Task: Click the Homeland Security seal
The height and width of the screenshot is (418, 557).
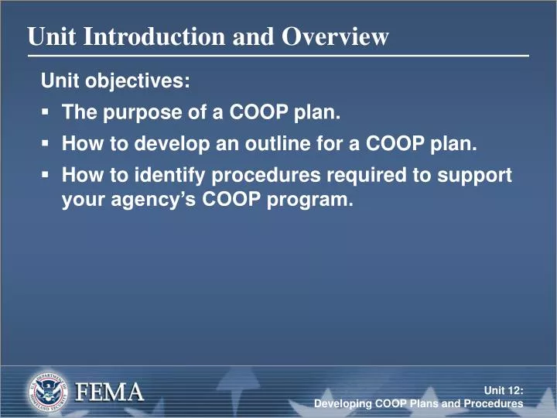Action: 48,392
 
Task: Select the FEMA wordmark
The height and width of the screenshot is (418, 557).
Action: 109,392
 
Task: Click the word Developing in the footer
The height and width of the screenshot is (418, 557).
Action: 343,405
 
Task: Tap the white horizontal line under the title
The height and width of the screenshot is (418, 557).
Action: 278,57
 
